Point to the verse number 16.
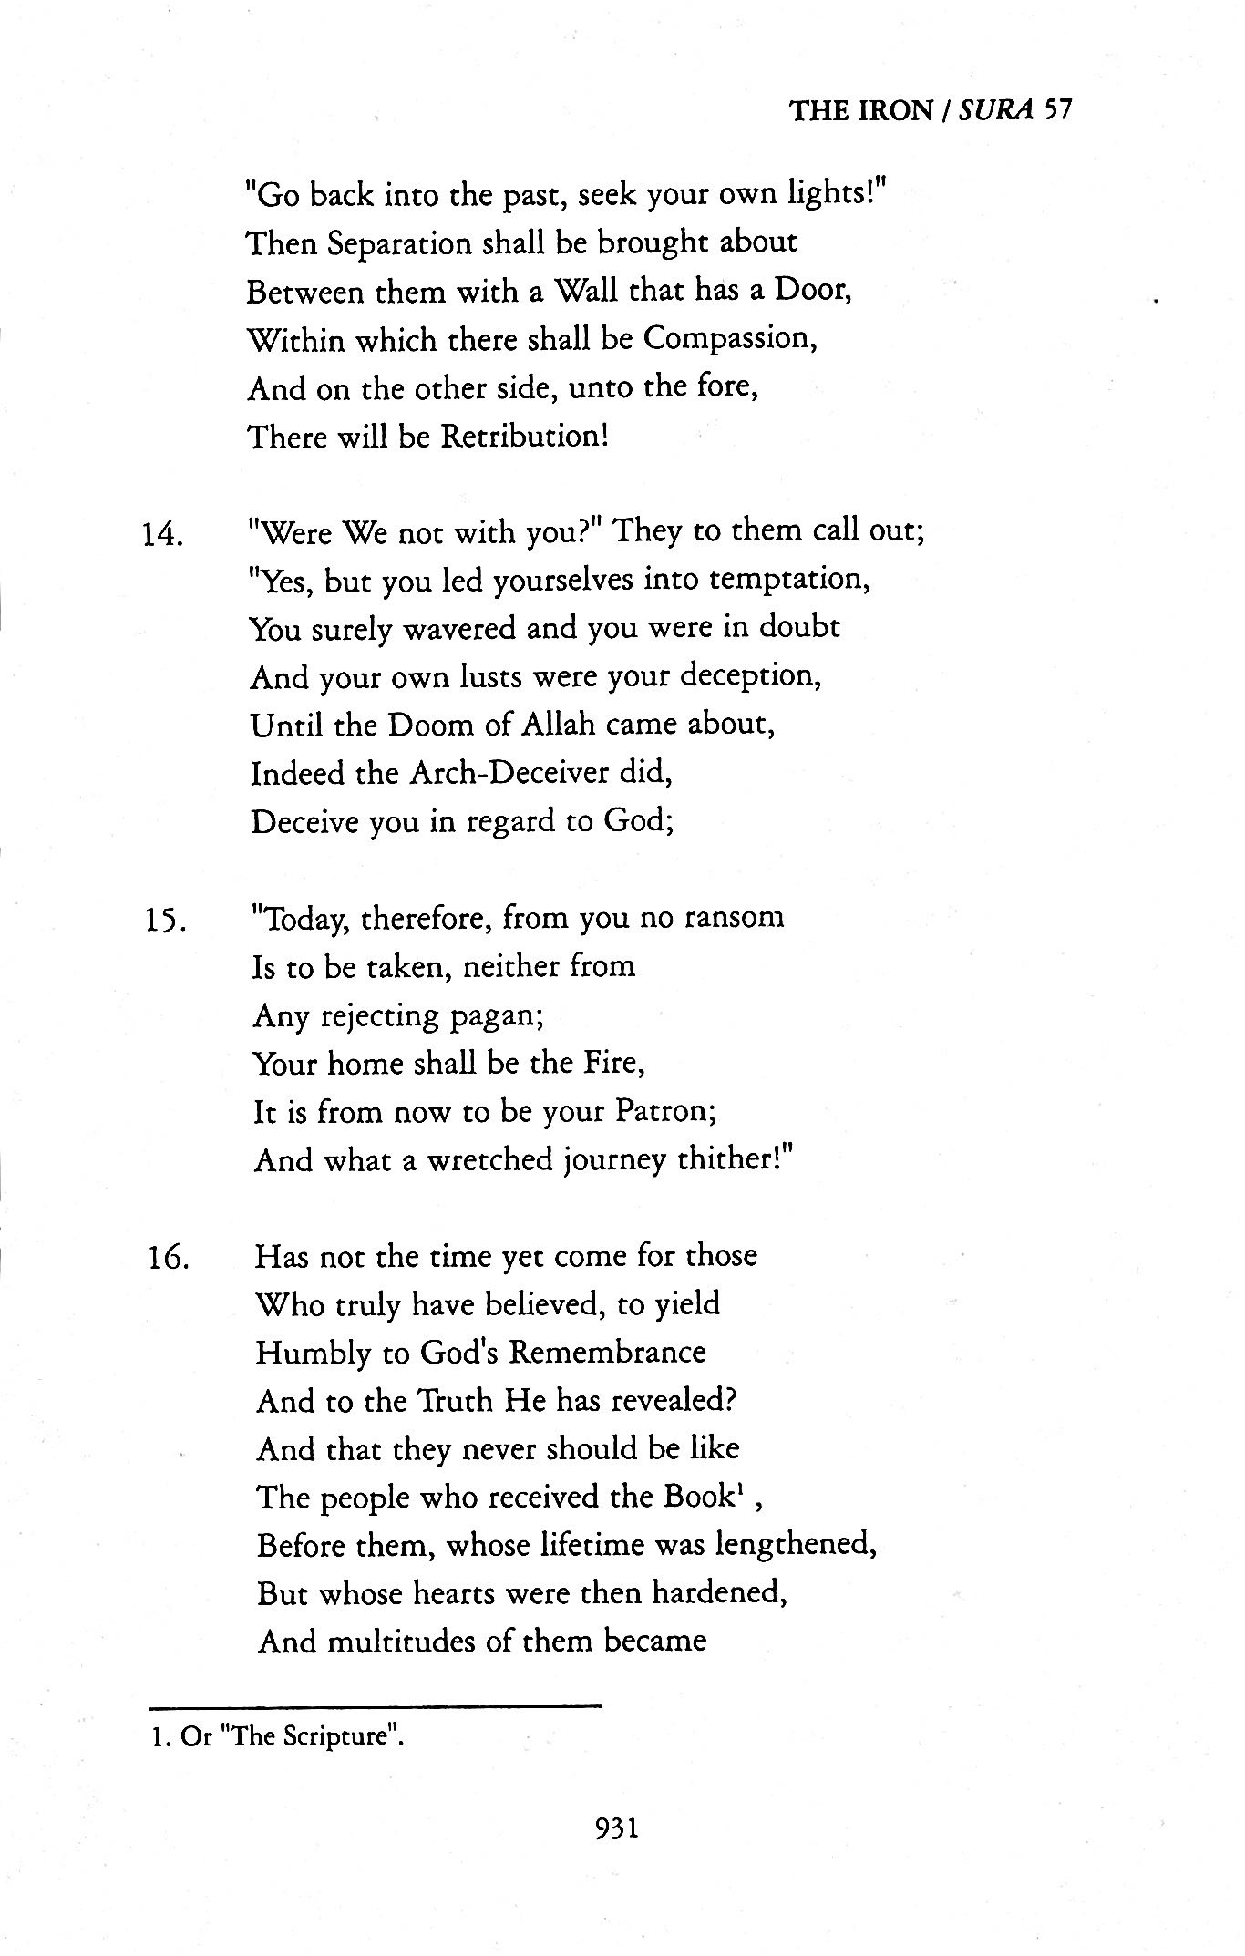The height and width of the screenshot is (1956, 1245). point(167,1260)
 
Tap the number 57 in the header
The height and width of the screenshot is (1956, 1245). point(1057,110)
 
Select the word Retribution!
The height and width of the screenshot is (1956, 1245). point(524,437)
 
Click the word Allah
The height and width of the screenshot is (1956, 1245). point(559,726)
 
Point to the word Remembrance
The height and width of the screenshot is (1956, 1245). point(607,1352)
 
